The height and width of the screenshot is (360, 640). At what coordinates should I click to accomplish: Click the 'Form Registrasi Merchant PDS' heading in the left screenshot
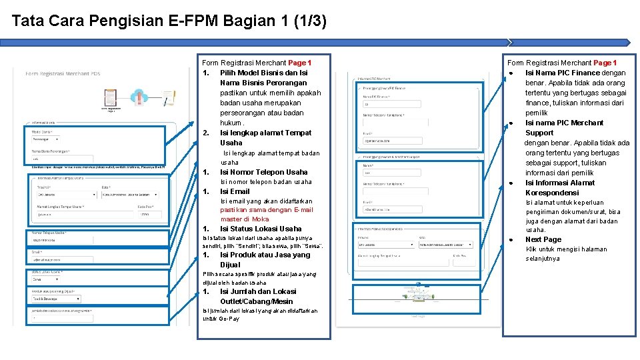[63, 74]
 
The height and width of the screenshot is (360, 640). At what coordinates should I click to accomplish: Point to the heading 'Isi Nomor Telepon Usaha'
[264, 172]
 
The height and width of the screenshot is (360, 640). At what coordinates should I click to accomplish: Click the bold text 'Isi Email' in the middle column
[235, 191]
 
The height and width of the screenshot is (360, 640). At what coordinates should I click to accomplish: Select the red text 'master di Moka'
[245, 219]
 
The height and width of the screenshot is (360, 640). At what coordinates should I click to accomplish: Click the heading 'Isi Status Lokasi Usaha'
[261, 229]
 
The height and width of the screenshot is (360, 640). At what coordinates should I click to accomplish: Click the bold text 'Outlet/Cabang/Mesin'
[256, 301]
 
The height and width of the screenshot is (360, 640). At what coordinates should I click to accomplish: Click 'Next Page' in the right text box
[543, 239]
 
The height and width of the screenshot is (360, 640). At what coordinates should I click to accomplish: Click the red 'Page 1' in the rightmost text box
[605, 63]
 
